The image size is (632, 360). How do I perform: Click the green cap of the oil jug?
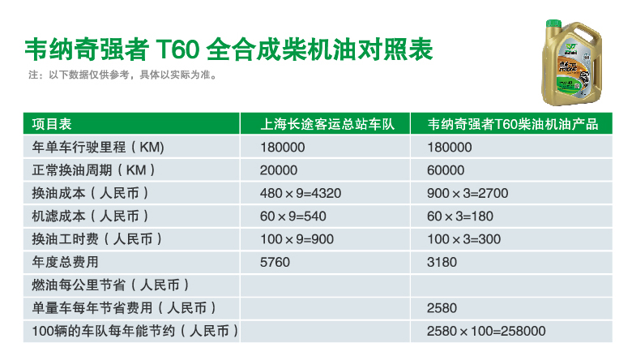(x=553, y=23)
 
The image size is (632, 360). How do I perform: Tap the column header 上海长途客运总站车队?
(x=327, y=124)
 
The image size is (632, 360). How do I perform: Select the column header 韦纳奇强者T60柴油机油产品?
(x=513, y=124)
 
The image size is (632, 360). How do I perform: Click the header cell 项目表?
(x=52, y=124)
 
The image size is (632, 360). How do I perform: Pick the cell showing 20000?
(x=279, y=170)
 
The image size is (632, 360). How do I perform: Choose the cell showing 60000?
(x=446, y=170)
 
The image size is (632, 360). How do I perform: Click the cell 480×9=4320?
(x=301, y=193)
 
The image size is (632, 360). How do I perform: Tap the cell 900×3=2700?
(x=468, y=193)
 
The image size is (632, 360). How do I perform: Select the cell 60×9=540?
(x=293, y=216)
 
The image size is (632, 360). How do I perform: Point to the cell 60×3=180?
(x=460, y=216)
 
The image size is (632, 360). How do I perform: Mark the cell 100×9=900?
(x=297, y=239)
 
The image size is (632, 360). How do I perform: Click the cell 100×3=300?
(x=464, y=239)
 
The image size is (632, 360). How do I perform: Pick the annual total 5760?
(x=275, y=262)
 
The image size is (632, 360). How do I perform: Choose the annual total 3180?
(x=442, y=262)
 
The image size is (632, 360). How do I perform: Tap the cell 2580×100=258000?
(x=486, y=331)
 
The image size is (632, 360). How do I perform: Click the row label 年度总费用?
(x=66, y=262)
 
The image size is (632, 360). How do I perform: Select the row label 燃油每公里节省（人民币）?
(x=110, y=285)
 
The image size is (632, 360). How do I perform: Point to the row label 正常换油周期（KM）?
(x=93, y=170)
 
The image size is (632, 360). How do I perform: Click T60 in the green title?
(x=177, y=49)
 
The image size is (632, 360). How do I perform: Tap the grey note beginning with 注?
(x=122, y=75)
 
